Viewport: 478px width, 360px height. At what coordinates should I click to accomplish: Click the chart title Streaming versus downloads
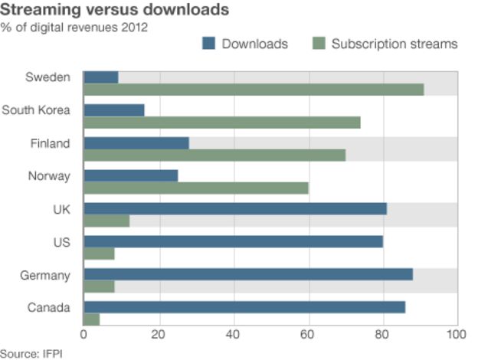click(115, 11)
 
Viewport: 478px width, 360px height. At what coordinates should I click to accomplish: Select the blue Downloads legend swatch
click(208, 44)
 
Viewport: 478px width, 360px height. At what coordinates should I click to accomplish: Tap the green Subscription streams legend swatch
click(318, 44)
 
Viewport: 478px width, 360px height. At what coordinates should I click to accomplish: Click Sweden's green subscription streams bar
click(253, 90)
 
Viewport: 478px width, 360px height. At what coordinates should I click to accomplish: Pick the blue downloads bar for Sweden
click(100, 77)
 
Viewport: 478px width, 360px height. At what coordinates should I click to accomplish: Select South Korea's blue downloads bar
click(113, 110)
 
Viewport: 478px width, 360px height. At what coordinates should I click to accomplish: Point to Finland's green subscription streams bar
click(214, 155)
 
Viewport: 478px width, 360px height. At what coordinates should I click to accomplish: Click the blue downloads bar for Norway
click(130, 176)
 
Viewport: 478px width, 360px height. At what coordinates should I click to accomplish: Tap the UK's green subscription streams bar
click(106, 221)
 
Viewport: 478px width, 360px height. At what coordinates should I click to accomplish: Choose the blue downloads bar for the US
click(233, 242)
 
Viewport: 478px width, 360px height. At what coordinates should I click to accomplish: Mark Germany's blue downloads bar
click(247, 274)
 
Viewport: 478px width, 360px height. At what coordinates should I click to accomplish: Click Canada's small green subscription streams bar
click(91, 319)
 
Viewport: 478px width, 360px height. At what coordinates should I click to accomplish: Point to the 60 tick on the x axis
click(308, 335)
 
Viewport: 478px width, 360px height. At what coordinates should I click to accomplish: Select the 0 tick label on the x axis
click(83, 335)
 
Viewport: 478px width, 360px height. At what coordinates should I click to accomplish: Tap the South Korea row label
click(36, 110)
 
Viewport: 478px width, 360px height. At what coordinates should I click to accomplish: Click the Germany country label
click(46, 275)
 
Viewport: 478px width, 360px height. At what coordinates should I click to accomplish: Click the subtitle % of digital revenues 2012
click(74, 28)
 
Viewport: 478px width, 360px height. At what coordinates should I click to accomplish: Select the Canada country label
click(49, 308)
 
